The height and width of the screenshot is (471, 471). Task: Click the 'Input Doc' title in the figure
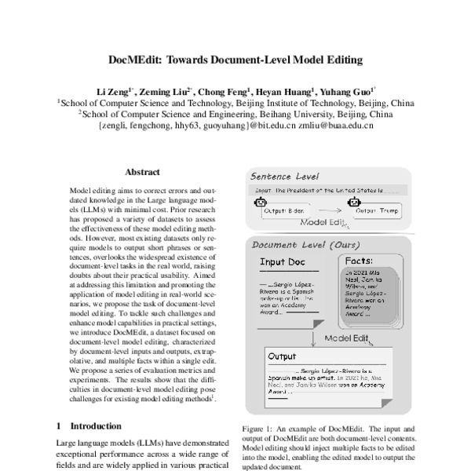point(283,264)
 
